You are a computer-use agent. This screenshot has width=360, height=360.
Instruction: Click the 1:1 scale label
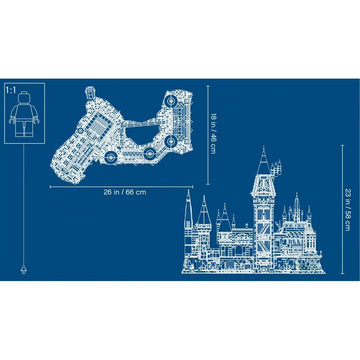click(x=11, y=91)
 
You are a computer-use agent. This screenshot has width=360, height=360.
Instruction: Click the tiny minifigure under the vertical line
click(x=23, y=269)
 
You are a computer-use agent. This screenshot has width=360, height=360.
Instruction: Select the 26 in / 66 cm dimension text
click(x=125, y=192)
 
